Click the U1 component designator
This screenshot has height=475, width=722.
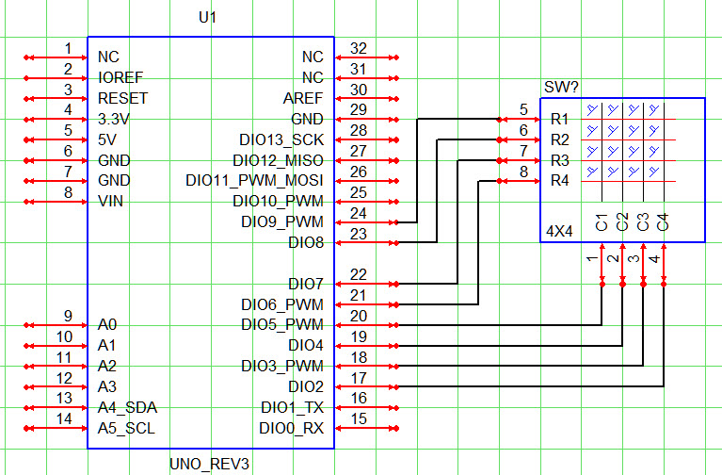click(209, 18)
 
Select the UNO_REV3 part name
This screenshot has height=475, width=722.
click(210, 463)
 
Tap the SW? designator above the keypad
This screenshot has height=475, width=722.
click(561, 88)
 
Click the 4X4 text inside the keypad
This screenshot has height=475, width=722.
click(561, 231)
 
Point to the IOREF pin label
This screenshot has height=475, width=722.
click(120, 77)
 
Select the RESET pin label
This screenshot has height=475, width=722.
click(122, 98)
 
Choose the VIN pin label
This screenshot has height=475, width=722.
click(111, 201)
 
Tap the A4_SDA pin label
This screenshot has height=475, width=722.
click(127, 407)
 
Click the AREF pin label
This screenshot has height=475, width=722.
click(302, 98)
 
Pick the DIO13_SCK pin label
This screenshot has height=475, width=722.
click(281, 139)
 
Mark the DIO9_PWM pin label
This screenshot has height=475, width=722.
click(283, 221)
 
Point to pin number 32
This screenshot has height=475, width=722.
click(358, 48)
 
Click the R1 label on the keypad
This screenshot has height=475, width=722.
click(559, 120)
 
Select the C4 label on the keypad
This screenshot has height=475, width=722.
click(663, 222)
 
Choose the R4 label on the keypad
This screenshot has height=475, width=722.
click(559, 180)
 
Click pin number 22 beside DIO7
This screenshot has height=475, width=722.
click(358, 274)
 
